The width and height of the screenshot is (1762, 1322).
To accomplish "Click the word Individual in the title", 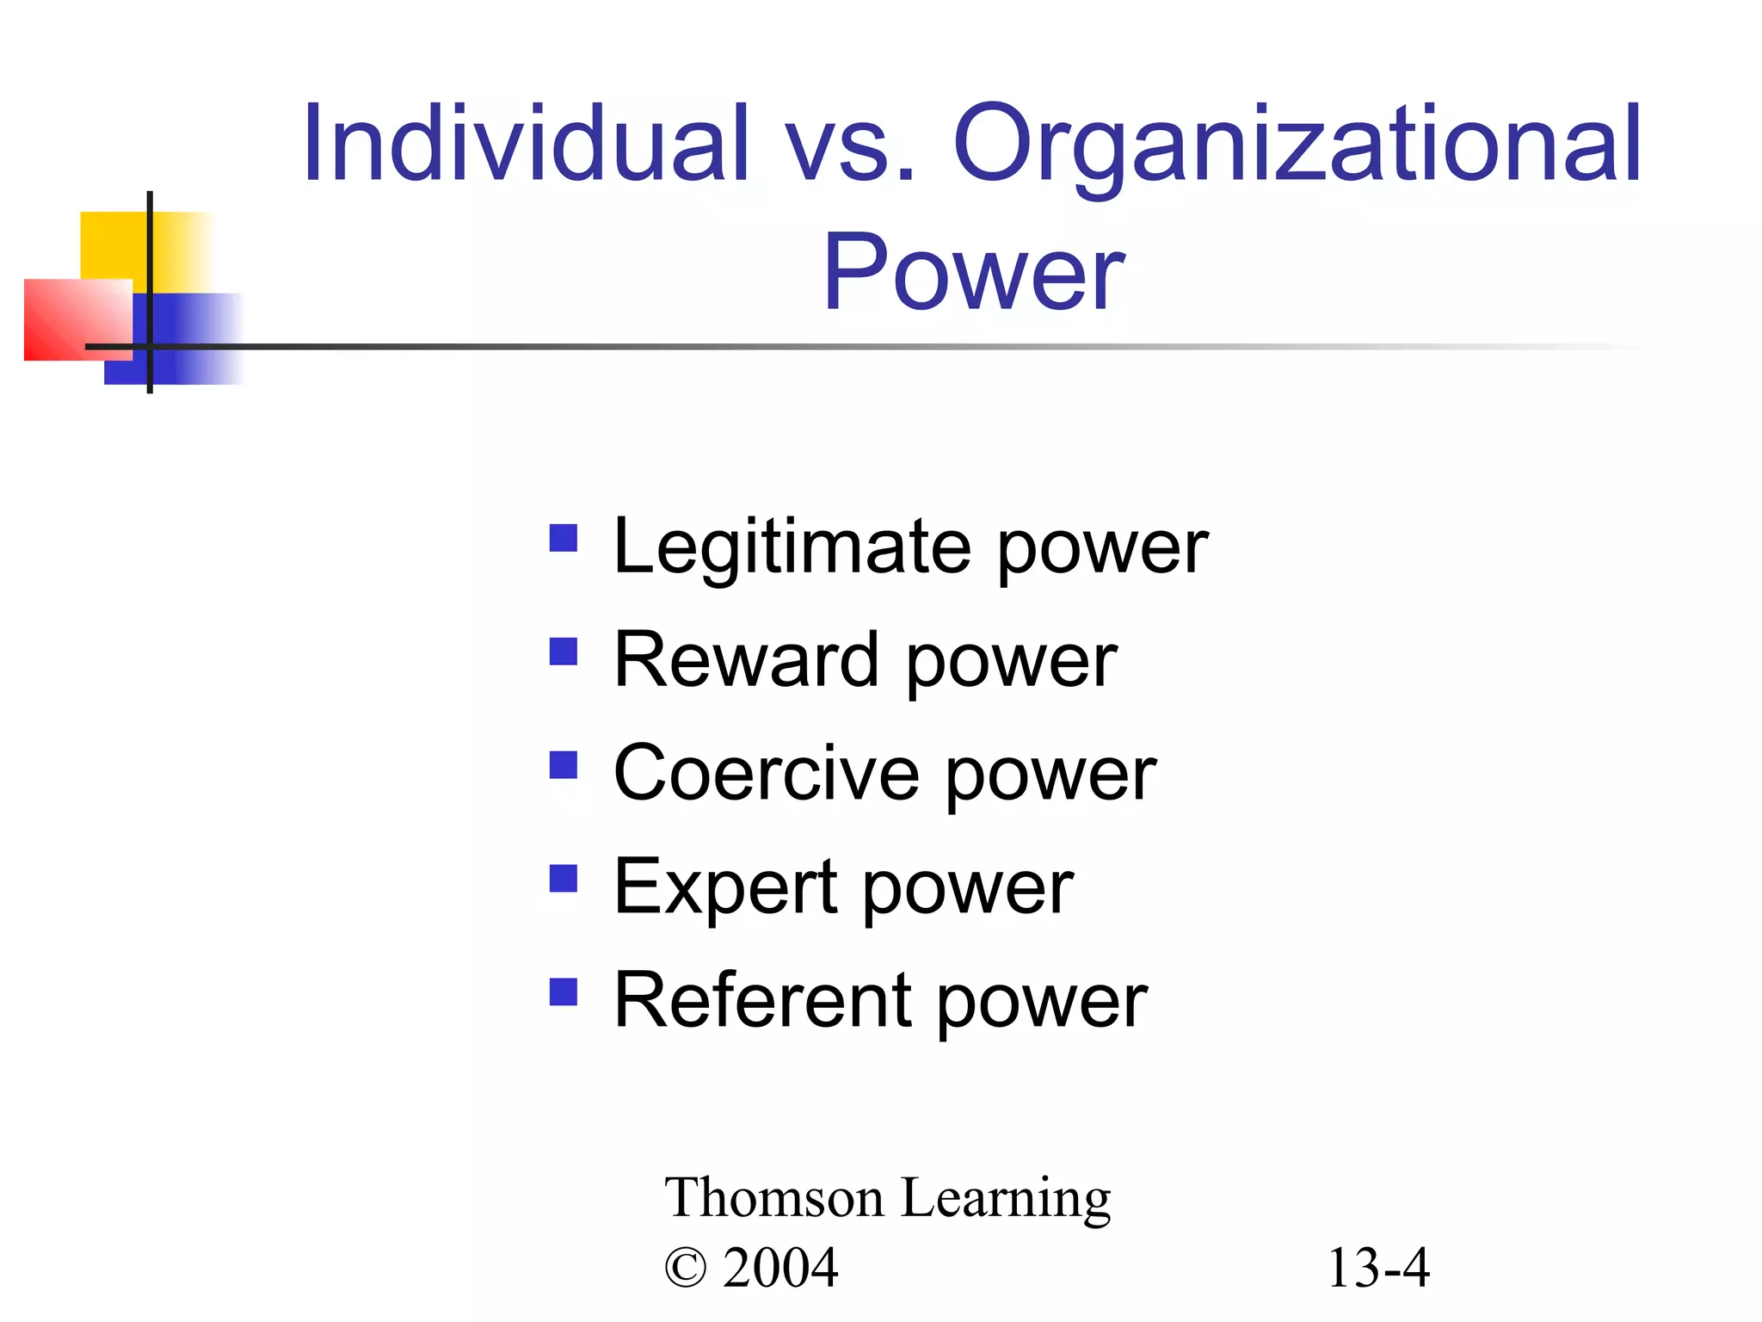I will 526,144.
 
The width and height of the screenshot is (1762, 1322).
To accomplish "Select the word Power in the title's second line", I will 973,273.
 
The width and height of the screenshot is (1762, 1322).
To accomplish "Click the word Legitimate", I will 792,548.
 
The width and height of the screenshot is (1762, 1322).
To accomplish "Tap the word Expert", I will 725,888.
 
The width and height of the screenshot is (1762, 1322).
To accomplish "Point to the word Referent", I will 761,1001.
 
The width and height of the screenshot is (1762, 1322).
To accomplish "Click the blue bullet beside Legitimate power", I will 564,539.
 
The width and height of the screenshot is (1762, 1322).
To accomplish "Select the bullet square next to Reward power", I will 564,652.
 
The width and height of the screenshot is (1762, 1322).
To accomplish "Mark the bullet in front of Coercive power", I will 564,764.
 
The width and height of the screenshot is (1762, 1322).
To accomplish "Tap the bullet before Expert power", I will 564,879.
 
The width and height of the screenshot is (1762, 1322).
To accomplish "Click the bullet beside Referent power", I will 564,991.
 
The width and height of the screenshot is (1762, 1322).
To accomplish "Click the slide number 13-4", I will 1378,1269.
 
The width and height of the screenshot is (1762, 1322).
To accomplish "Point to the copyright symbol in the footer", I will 686,1269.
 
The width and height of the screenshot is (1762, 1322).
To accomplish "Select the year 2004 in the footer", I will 780,1269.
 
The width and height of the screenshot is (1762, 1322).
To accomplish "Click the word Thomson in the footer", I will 773,1198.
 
